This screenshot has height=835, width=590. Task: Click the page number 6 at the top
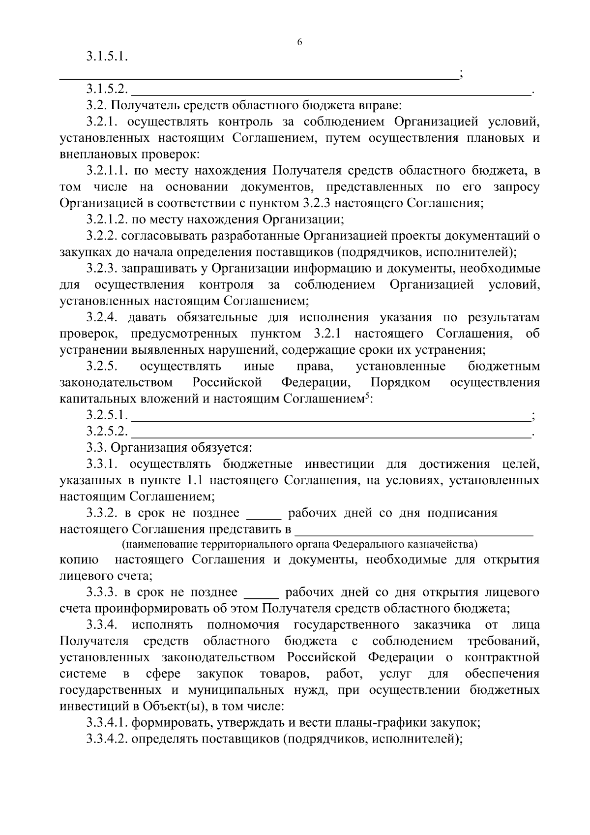coord(299,42)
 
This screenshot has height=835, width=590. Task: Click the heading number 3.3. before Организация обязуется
coord(96,448)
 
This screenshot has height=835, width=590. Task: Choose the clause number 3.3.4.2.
coord(107,739)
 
